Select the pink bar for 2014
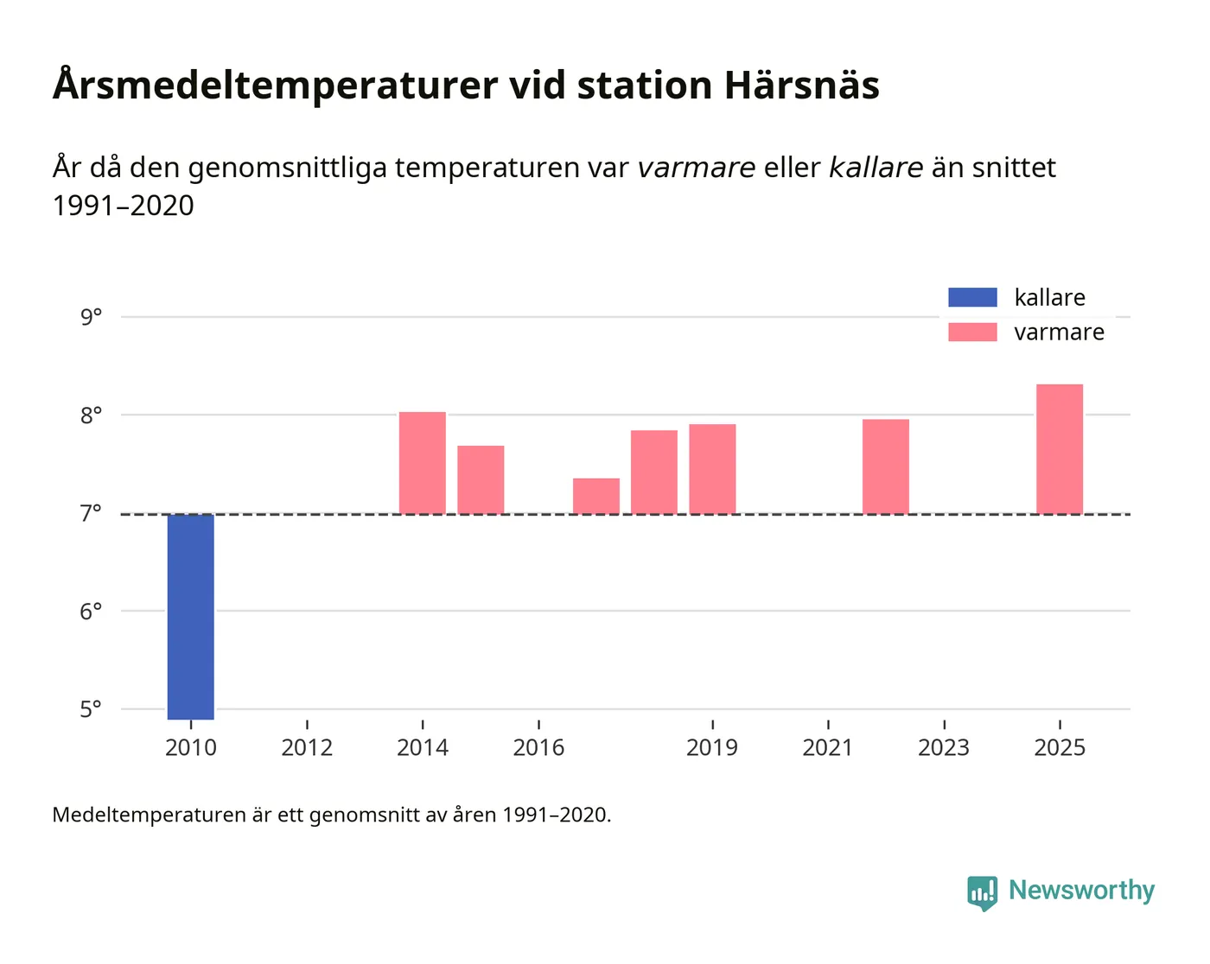click(422, 463)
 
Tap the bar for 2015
click(481, 479)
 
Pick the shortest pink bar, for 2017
click(596, 496)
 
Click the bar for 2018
click(654, 472)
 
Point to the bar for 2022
click(886, 466)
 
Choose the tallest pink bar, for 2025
click(1060, 449)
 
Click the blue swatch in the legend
click(972, 297)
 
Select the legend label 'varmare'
click(1059, 333)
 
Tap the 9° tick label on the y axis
click(91, 317)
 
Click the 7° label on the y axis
click(91, 514)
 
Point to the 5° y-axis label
click(91, 709)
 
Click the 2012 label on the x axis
click(307, 747)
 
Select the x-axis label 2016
click(538, 747)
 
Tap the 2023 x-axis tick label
click(944, 747)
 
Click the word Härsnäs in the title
click(801, 86)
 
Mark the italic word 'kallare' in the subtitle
click(876, 168)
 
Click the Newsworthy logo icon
click(982, 892)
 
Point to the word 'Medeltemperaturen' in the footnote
click(149, 815)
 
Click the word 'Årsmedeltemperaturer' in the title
click(275, 86)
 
